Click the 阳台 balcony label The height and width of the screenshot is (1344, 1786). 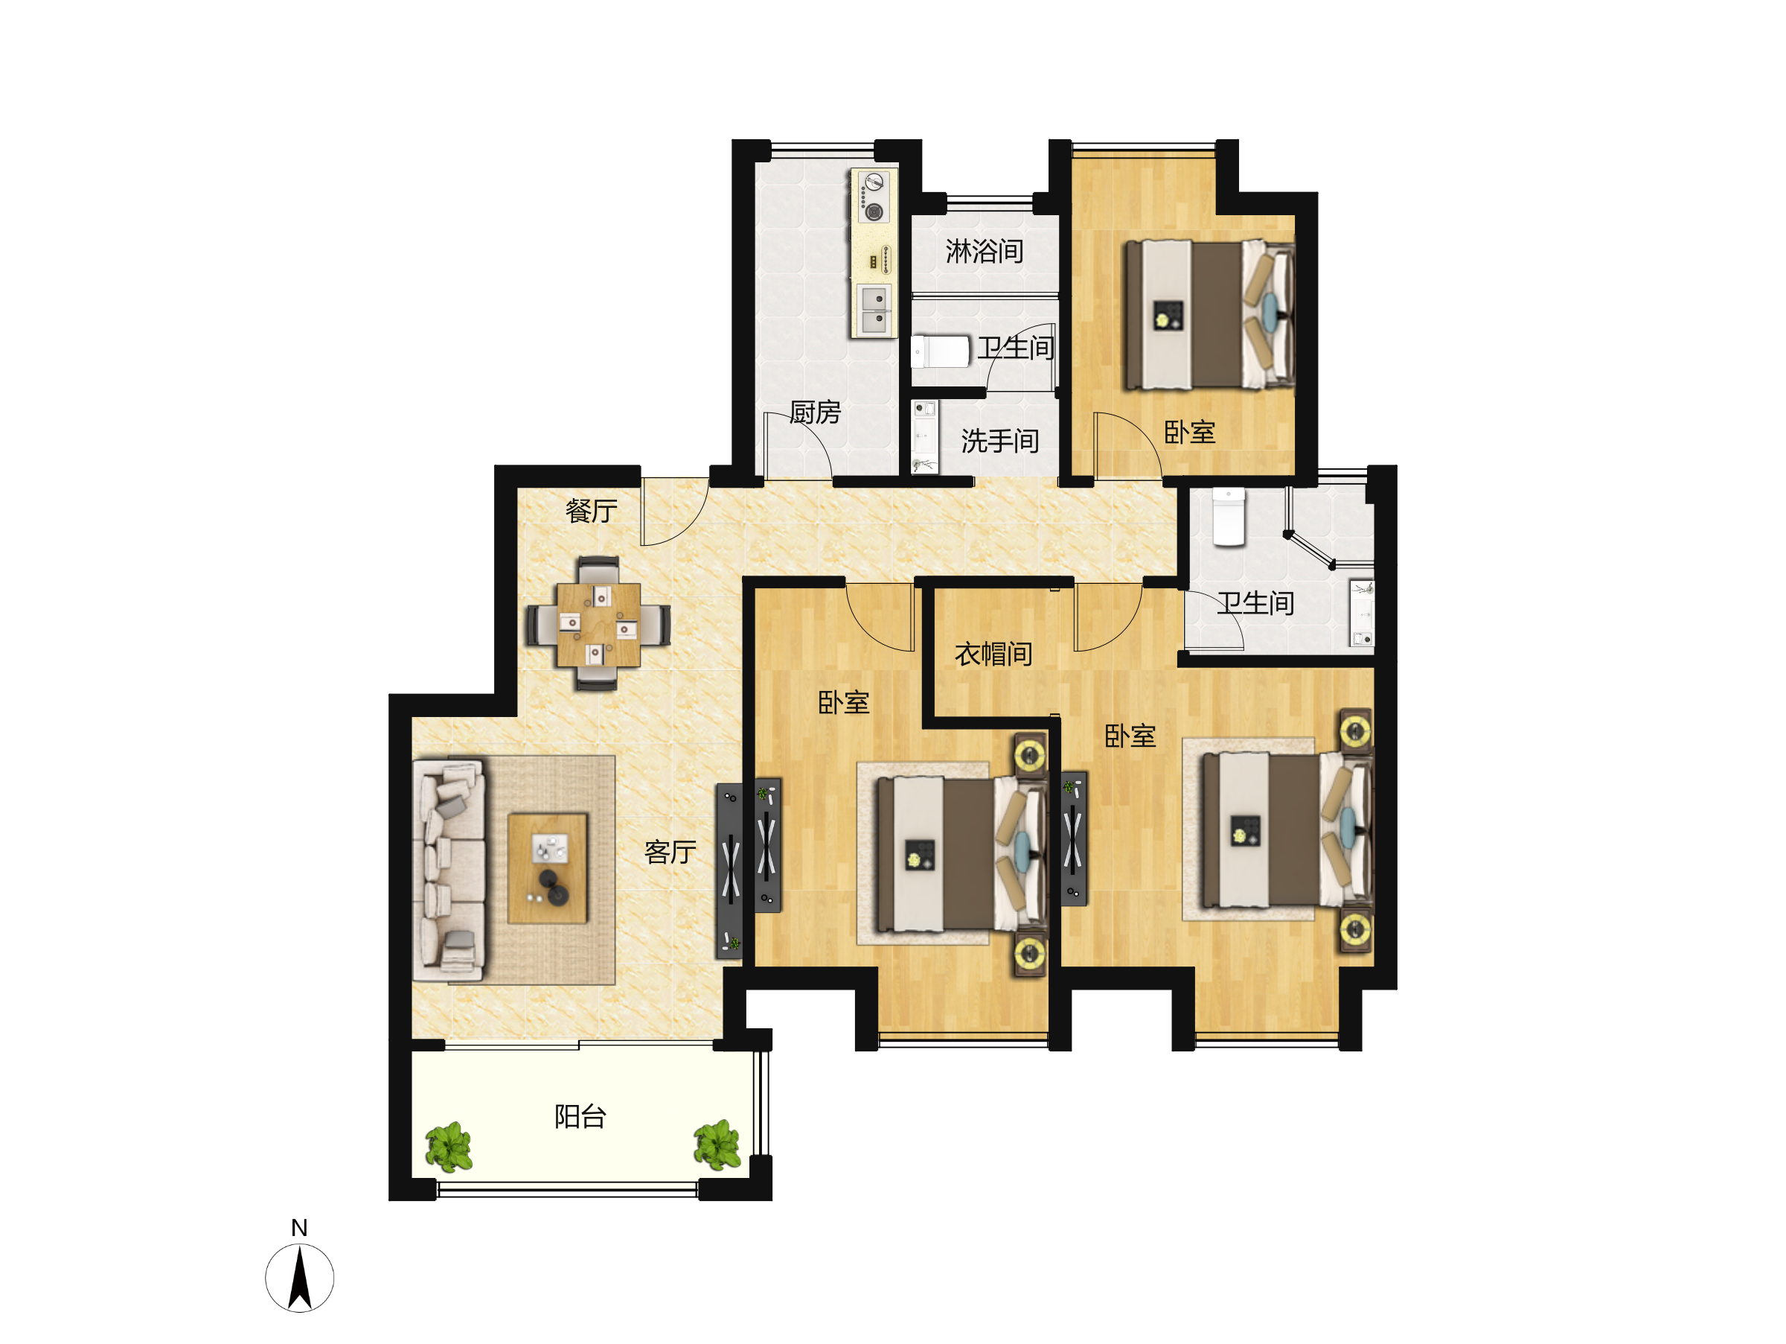click(x=580, y=1117)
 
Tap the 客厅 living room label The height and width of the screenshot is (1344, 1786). click(x=670, y=852)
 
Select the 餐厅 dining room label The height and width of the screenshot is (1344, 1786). click(x=591, y=511)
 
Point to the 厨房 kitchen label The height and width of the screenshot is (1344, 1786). click(x=816, y=412)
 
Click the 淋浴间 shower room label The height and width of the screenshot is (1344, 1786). click(x=985, y=251)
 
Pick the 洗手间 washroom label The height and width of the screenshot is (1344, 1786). click(x=999, y=441)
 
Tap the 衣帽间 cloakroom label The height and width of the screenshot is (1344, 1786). click(x=993, y=655)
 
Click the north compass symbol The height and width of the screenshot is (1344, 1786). click(x=300, y=1278)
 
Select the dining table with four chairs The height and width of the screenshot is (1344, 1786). click(x=598, y=623)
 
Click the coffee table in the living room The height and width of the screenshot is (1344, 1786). click(x=548, y=868)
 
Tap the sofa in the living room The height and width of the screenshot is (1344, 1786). click(x=449, y=870)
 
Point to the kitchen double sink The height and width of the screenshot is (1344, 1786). click(x=874, y=309)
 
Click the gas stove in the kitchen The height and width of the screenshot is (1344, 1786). click(x=873, y=197)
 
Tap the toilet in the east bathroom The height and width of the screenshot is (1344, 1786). click(x=1229, y=517)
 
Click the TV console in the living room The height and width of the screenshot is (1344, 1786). click(x=730, y=871)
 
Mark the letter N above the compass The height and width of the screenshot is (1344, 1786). click(x=300, y=1228)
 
